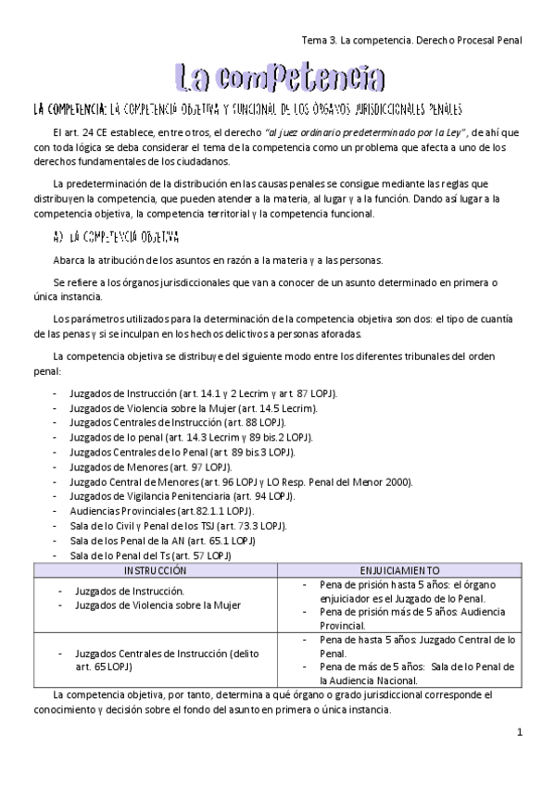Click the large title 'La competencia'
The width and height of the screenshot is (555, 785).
(x=278, y=78)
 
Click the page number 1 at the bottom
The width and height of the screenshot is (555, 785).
(x=521, y=732)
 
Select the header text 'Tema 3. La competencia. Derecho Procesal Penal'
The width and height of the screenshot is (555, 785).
(x=412, y=41)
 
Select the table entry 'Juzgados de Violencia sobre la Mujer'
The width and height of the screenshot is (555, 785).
(x=158, y=605)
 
